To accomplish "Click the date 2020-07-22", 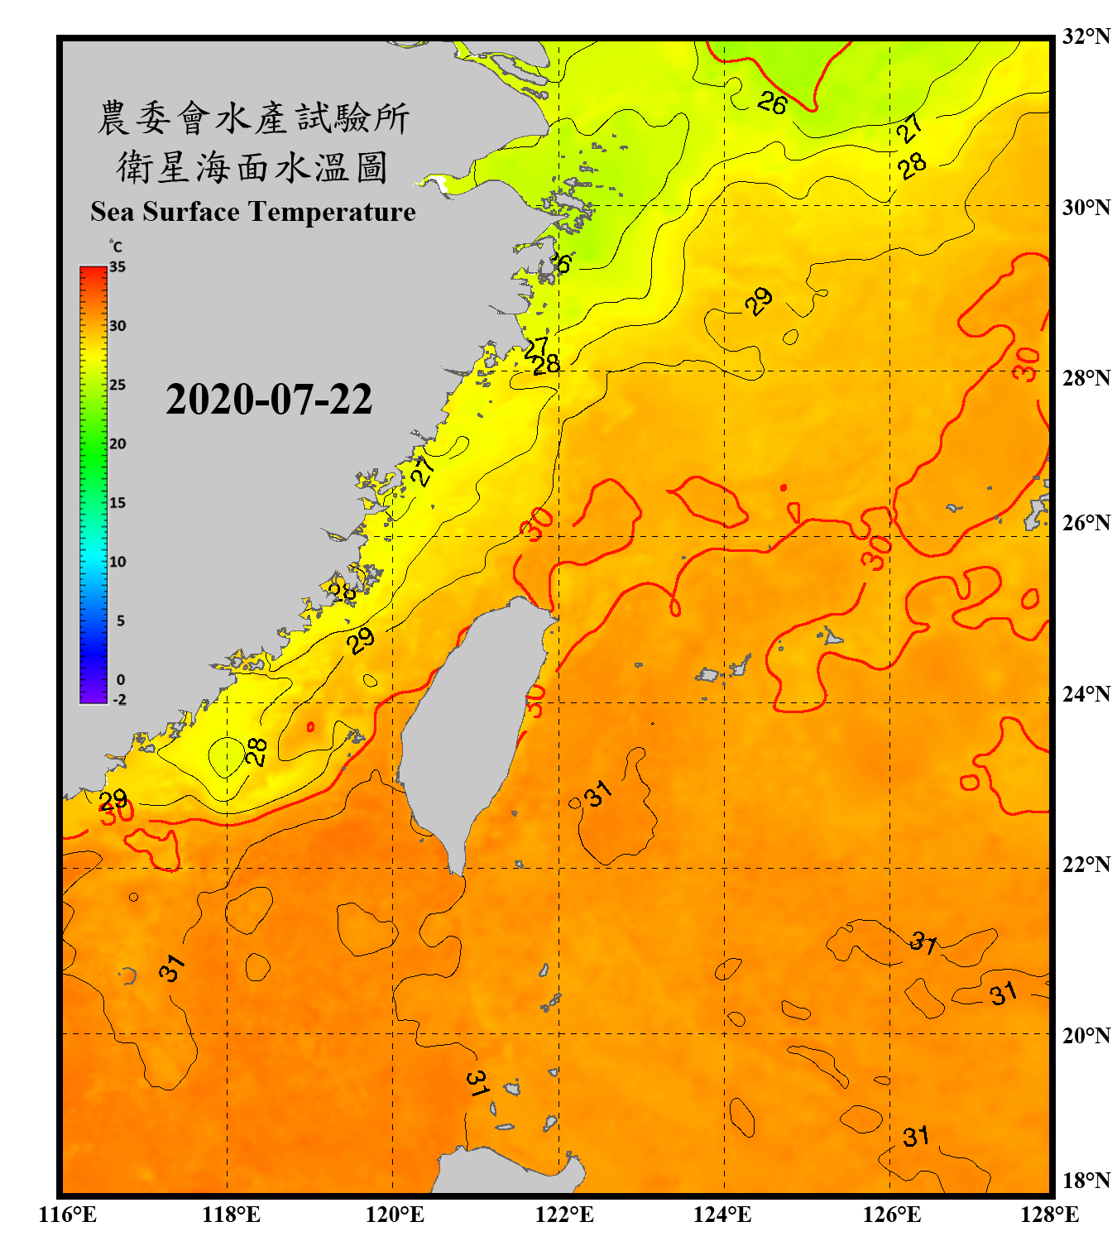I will (269, 400).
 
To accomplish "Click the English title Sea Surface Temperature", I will (253, 212).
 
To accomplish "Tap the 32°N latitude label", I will (1086, 36).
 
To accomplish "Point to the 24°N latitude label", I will (1086, 693).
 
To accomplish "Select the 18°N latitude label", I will (1086, 1181).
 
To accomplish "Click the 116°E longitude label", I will (68, 1215).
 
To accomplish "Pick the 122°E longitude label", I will (564, 1215).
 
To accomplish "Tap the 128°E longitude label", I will (1049, 1215).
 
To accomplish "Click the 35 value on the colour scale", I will (117, 267).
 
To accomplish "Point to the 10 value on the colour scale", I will (117, 562).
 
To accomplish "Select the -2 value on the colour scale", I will (119, 699).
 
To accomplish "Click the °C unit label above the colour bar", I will (116, 247).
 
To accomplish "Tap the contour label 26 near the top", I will (772, 103).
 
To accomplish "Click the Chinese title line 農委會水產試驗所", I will (253, 117).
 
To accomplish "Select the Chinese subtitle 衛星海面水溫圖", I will (253, 167).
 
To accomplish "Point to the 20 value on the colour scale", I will (117, 444).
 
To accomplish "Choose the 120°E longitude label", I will (395, 1215).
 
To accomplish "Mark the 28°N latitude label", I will (1086, 378).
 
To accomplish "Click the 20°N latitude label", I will (1086, 1035).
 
